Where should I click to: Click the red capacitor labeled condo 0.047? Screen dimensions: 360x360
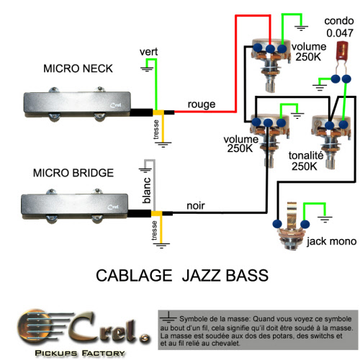[x=342, y=52]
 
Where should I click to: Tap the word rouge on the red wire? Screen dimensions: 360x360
[x=202, y=104]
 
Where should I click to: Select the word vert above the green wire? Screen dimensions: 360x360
[x=148, y=52]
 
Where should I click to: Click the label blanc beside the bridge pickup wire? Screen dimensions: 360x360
[x=147, y=190]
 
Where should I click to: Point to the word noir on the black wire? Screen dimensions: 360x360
[x=196, y=206]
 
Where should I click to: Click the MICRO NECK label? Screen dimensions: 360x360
[x=78, y=68]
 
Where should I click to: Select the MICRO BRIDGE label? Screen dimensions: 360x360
[x=73, y=173]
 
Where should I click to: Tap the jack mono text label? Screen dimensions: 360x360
[x=331, y=241]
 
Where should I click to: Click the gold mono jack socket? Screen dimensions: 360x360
[x=292, y=227]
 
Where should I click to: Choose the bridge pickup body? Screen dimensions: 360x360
[x=75, y=207]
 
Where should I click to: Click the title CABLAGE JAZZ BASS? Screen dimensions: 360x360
[x=182, y=275]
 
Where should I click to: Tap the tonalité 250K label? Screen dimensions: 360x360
[x=305, y=161]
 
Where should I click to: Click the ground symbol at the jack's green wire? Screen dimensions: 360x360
[x=325, y=219]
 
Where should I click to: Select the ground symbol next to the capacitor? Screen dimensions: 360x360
[x=320, y=87]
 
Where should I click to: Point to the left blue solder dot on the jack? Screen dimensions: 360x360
[x=277, y=224]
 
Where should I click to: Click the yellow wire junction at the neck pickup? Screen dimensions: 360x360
[x=158, y=112]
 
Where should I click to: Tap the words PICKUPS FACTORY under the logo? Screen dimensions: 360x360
[x=80, y=353]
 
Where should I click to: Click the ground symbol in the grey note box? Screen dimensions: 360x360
[x=168, y=318]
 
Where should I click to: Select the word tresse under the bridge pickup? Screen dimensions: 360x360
[x=154, y=230]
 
